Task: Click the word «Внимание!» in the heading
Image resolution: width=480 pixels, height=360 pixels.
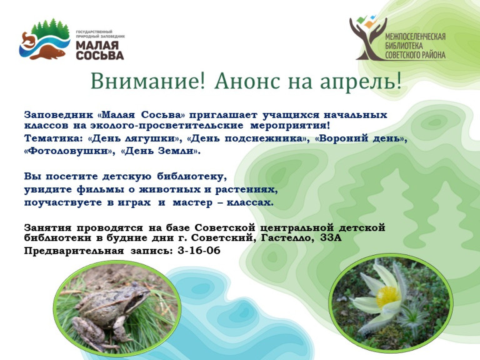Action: pos(147,81)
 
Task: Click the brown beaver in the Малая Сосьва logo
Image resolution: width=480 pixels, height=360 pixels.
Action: pos(48,52)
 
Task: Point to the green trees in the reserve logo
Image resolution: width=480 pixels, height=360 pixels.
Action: pos(50,29)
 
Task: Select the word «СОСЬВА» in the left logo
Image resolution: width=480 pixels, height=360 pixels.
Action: pos(100,56)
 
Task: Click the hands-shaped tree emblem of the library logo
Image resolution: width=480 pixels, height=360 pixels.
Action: pos(369,37)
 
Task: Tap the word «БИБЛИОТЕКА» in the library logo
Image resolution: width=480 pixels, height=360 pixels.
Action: pos(404,46)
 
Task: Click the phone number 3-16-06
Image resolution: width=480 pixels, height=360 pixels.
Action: pos(199,251)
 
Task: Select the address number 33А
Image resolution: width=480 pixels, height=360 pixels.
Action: pos(331,237)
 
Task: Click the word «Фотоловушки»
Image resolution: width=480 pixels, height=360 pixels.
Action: pos(69,151)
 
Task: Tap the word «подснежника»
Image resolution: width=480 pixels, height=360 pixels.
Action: pos(265,139)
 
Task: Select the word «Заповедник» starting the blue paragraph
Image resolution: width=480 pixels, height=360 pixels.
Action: pos(59,115)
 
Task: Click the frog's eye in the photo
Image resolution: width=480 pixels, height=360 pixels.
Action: pos(140,296)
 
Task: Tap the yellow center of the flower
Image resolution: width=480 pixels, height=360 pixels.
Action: pos(388,296)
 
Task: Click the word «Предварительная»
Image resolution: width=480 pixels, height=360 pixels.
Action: pos(74,251)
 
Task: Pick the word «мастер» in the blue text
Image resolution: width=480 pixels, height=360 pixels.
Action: pos(192,202)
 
